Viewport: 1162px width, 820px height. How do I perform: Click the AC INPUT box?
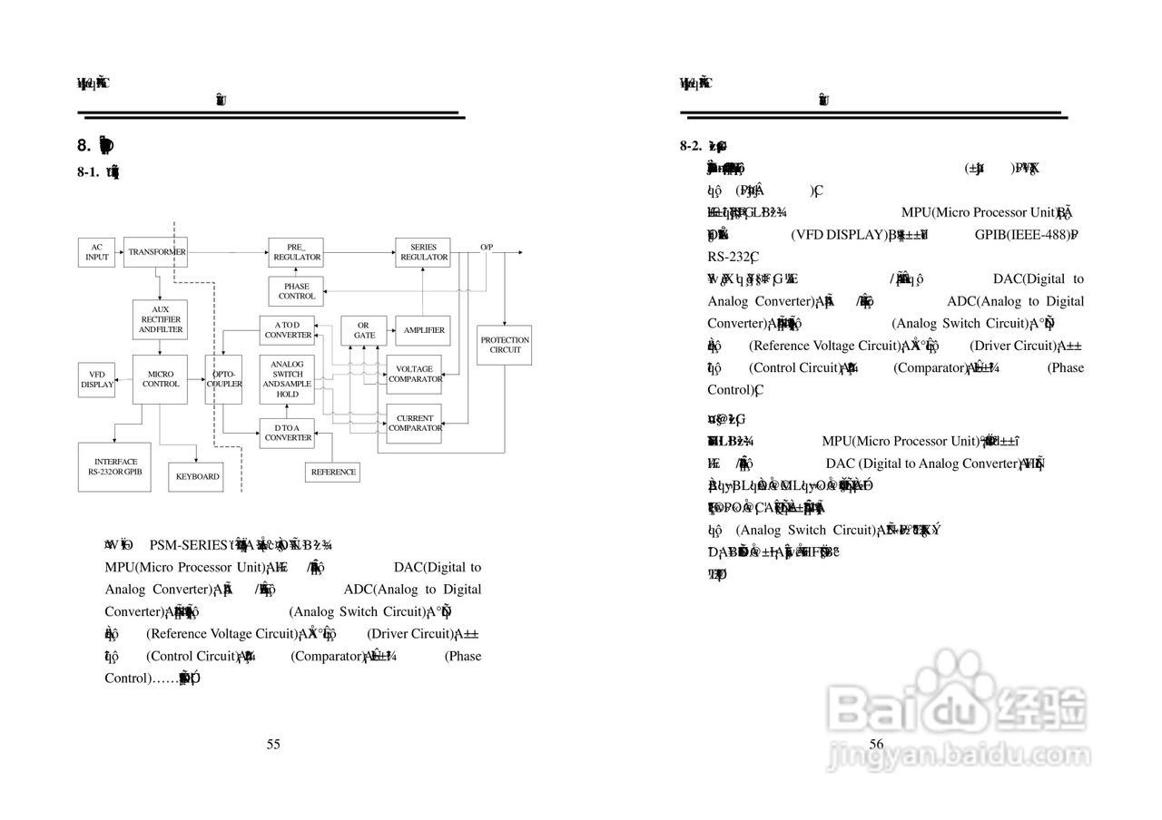[x=96, y=252]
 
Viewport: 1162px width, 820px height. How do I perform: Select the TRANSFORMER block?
[x=156, y=252]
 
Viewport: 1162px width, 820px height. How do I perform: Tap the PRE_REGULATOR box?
[x=297, y=252]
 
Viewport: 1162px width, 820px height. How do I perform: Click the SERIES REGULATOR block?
[x=424, y=252]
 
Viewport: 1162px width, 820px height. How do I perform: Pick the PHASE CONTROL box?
[x=297, y=291]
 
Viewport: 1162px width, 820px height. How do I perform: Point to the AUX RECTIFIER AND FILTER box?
[x=160, y=319]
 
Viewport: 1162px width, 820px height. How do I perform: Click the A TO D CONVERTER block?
[x=288, y=330]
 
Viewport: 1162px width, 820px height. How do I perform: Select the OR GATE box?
[x=364, y=330]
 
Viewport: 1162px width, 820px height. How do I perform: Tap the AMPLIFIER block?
[x=424, y=330]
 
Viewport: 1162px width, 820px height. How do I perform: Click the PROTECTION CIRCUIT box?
[x=505, y=345]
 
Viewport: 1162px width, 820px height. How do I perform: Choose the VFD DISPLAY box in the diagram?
[x=97, y=379]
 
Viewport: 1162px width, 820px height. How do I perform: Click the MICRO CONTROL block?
[x=160, y=379]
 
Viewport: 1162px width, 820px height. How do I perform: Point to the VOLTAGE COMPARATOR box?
[x=415, y=374]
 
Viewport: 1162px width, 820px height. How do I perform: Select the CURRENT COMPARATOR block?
[x=415, y=423]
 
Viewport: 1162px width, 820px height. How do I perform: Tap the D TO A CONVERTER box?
[x=288, y=433]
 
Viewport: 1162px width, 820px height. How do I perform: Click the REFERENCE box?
[x=333, y=472]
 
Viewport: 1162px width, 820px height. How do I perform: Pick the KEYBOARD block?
[x=197, y=476]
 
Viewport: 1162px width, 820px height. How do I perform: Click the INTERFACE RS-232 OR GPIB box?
[x=115, y=467]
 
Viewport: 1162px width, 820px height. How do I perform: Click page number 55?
[x=273, y=745]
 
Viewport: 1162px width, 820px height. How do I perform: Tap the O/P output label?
[x=487, y=247]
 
